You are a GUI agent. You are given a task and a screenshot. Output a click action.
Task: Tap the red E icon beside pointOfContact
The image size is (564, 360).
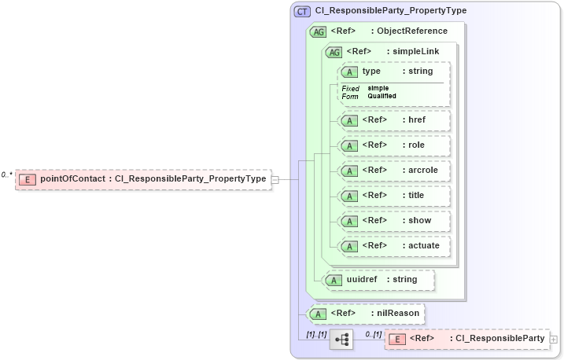(26, 179)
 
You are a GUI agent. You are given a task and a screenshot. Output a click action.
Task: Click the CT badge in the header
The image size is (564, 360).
(302, 11)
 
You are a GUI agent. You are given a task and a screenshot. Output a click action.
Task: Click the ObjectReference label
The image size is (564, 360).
(412, 31)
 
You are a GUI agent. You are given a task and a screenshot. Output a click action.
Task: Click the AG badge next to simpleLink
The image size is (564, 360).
(334, 52)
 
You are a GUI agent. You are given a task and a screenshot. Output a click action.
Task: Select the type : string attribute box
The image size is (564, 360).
(394, 72)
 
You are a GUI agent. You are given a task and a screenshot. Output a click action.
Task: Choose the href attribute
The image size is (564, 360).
(394, 120)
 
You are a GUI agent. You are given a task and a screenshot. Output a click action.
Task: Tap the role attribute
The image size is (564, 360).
(394, 145)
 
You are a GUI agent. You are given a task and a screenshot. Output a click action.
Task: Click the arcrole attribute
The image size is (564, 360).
(394, 171)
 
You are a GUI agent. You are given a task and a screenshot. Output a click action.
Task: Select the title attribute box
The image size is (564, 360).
(394, 196)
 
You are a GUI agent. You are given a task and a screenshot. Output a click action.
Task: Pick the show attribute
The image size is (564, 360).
(394, 221)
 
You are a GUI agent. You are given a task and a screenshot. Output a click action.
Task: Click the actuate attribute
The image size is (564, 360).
(394, 246)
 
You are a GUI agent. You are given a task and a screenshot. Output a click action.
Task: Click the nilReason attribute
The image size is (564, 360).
(367, 314)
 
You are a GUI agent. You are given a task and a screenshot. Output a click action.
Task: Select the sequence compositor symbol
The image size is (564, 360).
(341, 339)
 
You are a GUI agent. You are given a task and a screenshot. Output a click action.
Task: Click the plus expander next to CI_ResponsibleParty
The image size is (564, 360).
(554, 340)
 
